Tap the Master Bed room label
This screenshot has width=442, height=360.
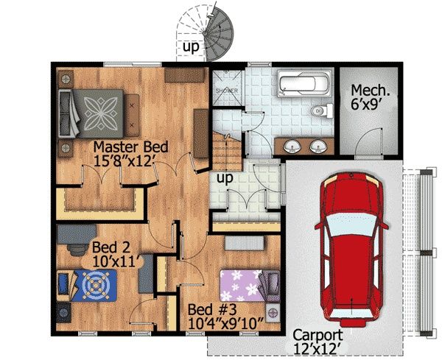[x=131, y=147]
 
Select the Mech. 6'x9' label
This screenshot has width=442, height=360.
[x=370, y=97]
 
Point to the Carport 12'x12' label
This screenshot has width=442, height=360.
[x=318, y=342]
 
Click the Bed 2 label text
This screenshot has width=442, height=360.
[x=111, y=247]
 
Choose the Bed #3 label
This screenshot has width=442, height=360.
[x=213, y=310]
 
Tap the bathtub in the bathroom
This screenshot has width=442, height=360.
[x=304, y=84]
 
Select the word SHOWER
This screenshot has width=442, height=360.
[x=227, y=91]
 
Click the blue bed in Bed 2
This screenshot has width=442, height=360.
[x=87, y=286]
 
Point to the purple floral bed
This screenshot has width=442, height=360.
[x=250, y=286]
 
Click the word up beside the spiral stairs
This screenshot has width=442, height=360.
[x=191, y=46]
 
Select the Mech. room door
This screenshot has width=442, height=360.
[x=368, y=141]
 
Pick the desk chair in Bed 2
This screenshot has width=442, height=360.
[x=77, y=250]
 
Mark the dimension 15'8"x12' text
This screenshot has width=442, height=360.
[x=123, y=161]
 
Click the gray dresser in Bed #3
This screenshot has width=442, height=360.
[x=244, y=243]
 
